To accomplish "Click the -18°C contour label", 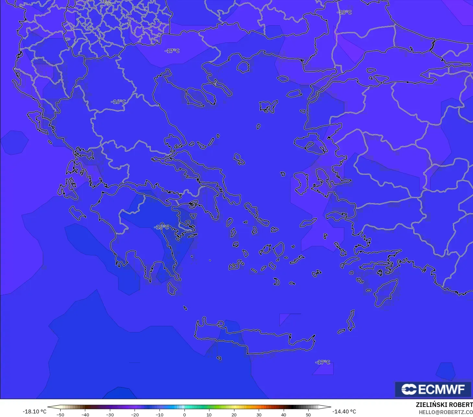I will point(344,12).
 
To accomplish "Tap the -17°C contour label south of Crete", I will point(323,362).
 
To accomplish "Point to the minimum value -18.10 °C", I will point(34,411).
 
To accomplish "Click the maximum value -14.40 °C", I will point(344,411).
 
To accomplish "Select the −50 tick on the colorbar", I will point(60,414).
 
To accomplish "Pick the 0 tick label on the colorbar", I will point(184,414).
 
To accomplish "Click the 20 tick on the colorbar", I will point(234,414).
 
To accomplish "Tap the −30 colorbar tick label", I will point(110,414).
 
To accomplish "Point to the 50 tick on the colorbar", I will point(308,414).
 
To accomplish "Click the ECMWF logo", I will point(433,389).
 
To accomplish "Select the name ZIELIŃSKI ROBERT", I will point(444,405).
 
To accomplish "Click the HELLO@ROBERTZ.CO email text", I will point(446,412).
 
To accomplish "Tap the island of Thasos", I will point(243,67).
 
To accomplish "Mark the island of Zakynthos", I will point(78,213).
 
